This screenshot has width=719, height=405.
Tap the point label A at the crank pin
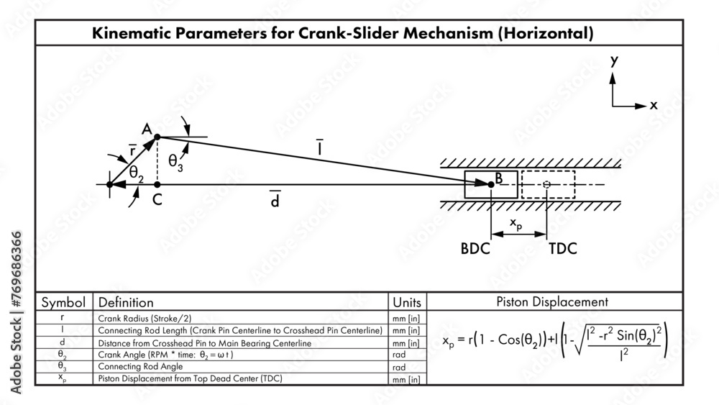(x=146, y=129)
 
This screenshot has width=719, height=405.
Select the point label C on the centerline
(x=157, y=201)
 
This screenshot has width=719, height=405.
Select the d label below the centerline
(x=275, y=201)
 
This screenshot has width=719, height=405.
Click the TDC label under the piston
(x=562, y=249)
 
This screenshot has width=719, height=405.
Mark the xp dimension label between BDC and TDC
(x=516, y=225)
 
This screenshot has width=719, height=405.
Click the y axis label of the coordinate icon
(x=614, y=62)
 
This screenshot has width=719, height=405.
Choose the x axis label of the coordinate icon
(x=654, y=105)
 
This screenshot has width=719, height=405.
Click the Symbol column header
(x=63, y=302)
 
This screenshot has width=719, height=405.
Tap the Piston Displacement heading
(x=552, y=301)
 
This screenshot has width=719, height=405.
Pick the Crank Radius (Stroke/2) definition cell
(x=148, y=317)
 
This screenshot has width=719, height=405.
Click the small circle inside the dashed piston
(x=547, y=185)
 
